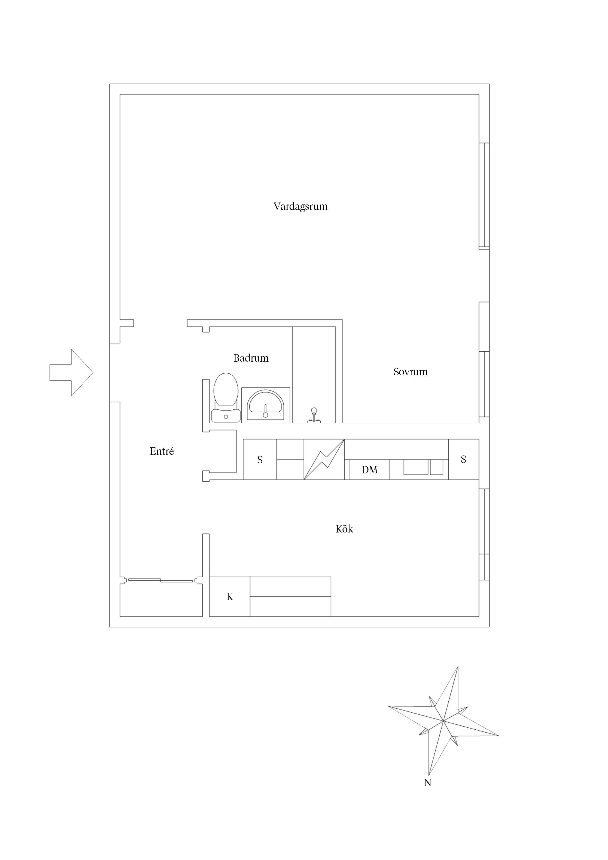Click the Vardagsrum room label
(x=300, y=207)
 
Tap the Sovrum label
(x=410, y=372)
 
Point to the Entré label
(x=162, y=451)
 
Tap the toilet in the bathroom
(x=226, y=398)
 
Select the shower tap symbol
(x=314, y=415)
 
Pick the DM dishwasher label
(x=369, y=470)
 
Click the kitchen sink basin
(x=416, y=467)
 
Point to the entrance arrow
(x=71, y=372)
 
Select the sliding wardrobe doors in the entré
(x=161, y=581)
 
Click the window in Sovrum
(x=484, y=384)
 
